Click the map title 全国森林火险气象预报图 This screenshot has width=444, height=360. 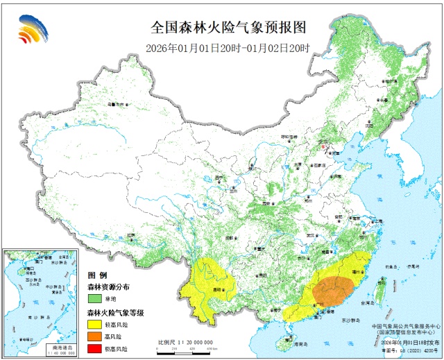pos(228,27)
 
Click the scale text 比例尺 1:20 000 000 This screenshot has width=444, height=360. pos(185,343)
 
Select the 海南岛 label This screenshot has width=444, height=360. pos(299,344)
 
